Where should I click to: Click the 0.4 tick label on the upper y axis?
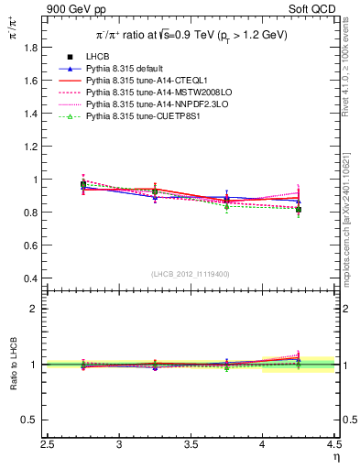click(32, 278)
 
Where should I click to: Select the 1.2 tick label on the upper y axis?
click(32, 147)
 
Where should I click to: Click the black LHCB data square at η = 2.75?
click(83, 184)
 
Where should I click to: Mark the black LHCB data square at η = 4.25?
click(298, 210)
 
